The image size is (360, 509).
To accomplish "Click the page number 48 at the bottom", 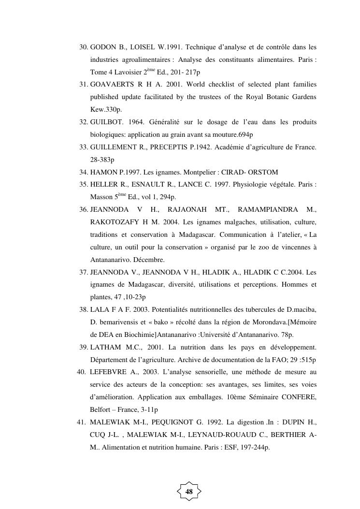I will tap(189, 492).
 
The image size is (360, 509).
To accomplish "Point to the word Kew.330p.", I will tap(102, 110).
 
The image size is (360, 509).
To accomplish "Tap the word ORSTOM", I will tap(263, 172).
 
